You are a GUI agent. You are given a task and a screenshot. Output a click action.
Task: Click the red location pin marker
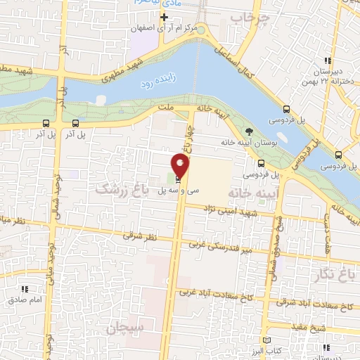[181, 167]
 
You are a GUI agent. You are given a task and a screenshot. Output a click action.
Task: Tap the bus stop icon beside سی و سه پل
[176, 180]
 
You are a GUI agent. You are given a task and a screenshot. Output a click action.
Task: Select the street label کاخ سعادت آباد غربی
[215, 294]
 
